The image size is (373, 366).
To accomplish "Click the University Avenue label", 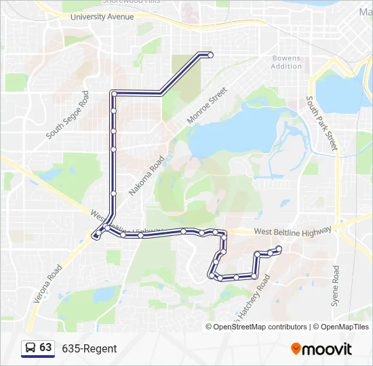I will [102, 16].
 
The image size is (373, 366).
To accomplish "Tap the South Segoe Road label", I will [67, 116].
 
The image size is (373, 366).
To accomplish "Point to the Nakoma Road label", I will [146, 176].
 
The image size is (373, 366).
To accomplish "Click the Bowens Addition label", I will [286, 62].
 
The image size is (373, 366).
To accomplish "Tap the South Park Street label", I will [321, 123].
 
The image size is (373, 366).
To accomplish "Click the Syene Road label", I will [335, 286].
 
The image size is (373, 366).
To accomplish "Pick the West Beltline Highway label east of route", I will [294, 232].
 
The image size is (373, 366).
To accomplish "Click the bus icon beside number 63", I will [31, 348].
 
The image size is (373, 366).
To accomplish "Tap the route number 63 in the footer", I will [45, 348].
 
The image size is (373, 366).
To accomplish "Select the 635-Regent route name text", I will [90, 348].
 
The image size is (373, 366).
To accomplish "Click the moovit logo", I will [321, 349].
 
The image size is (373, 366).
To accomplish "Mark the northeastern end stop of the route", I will [211, 55].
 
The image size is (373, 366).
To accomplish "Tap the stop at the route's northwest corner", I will [114, 93].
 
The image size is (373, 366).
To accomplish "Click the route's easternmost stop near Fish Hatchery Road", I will [279, 248].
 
